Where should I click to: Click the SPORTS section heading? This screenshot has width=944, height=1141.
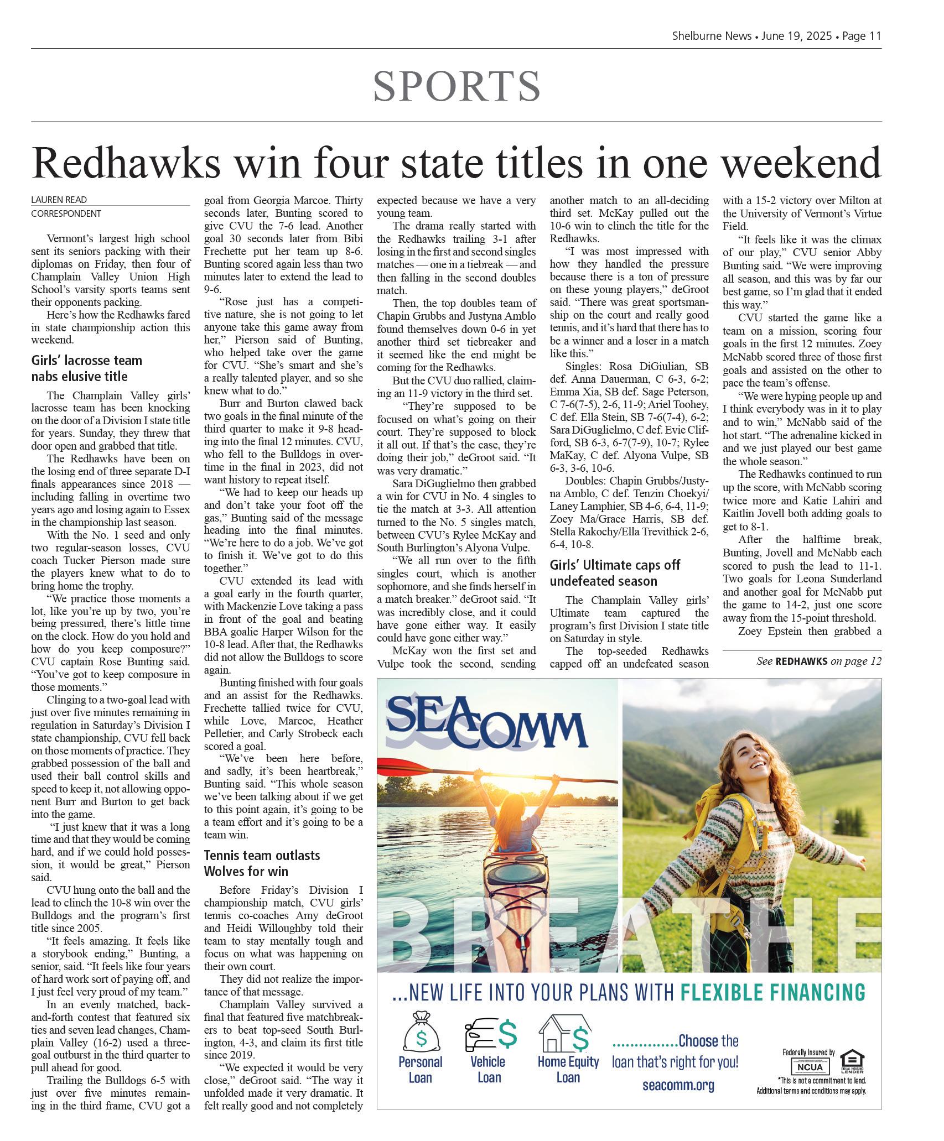tap(457, 86)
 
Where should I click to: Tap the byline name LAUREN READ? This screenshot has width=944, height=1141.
tap(59, 200)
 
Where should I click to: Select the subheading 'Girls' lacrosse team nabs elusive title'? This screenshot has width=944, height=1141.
tap(87, 368)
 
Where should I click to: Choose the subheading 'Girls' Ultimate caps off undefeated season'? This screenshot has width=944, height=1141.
tap(615, 573)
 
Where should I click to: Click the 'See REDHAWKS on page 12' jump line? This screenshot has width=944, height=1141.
tap(818, 661)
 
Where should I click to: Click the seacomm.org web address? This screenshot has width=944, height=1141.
tap(678, 1085)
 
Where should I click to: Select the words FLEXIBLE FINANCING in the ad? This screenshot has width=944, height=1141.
tap(772, 992)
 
